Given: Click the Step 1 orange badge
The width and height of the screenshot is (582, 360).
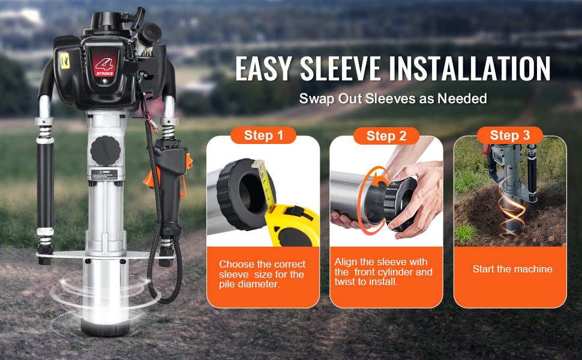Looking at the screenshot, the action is click(x=263, y=135).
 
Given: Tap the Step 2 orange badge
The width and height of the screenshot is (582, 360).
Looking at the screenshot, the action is click(x=386, y=136).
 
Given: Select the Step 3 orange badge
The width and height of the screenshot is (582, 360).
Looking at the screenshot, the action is click(x=509, y=135).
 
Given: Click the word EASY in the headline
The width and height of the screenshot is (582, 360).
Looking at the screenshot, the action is click(x=264, y=68).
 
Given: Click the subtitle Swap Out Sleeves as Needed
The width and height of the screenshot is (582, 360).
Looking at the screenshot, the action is click(x=393, y=98).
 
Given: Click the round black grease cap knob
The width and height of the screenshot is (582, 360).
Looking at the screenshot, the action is click(x=106, y=151).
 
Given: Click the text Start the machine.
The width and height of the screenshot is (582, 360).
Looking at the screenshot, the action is click(x=514, y=269).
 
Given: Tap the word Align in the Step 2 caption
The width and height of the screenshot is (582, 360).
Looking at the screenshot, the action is click(x=346, y=262).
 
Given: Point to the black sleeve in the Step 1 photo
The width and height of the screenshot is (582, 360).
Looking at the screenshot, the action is click(x=241, y=194).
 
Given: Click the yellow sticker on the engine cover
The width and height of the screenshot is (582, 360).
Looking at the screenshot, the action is click(x=65, y=60).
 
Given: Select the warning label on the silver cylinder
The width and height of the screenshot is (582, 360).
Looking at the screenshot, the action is click(x=104, y=174).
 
